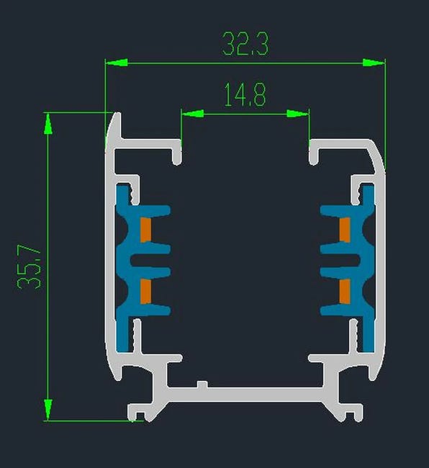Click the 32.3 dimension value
[x=245, y=44]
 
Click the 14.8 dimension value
[x=245, y=94]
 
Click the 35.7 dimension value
[x=29, y=267]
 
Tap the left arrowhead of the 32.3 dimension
[x=117, y=63]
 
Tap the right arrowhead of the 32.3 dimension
[x=374, y=63]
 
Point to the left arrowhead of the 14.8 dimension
[x=193, y=114]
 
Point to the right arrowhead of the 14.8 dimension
[x=298, y=114]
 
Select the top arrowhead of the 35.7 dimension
[x=48, y=124]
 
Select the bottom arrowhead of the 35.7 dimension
[x=48, y=410]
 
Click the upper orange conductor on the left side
[x=145, y=230]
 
